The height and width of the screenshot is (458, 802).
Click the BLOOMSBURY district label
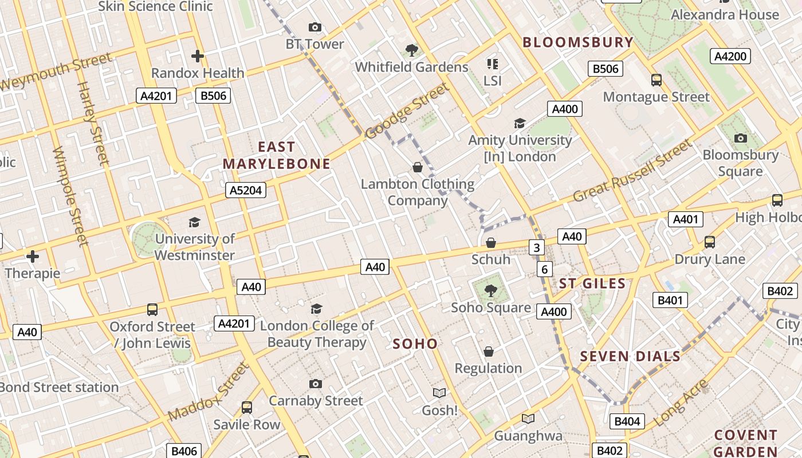pyautogui.click(x=578, y=42)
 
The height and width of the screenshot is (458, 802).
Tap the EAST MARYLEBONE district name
pyautogui.click(x=277, y=156)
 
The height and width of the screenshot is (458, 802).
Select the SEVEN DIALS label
pyautogui.click(x=630, y=356)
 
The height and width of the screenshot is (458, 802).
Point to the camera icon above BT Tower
pyautogui.click(x=314, y=27)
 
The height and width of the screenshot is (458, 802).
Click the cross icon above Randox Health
pyautogui.click(x=198, y=56)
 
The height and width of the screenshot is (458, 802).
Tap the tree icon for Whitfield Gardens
pyautogui.click(x=411, y=50)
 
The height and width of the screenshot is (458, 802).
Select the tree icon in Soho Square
pyautogui.click(x=490, y=291)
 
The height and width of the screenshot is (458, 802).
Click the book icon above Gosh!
pyautogui.click(x=439, y=393)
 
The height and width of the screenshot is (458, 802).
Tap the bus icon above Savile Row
pyautogui.click(x=247, y=408)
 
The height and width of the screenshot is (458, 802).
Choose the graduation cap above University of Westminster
pyautogui.click(x=195, y=222)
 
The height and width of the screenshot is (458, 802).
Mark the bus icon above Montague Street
pyautogui.click(x=656, y=80)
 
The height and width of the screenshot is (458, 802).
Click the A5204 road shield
pyautogui.click(x=246, y=190)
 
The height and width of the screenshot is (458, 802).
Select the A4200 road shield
pyautogui.click(x=730, y=56)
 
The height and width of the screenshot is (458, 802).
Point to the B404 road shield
pyautogui.click(x=627, y=421)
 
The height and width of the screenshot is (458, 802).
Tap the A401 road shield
pyautogui.click(x=685, y=219)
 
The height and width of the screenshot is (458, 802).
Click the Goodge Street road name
pyautogui.click(x=406, y=111)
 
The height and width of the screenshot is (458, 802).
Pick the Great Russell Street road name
pyautogui.click(x=632, y=172)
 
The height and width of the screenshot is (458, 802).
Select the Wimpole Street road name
pyautogui.click(x=70, y=196)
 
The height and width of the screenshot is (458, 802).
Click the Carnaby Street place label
pyautogui.click(x=316, y=401)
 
